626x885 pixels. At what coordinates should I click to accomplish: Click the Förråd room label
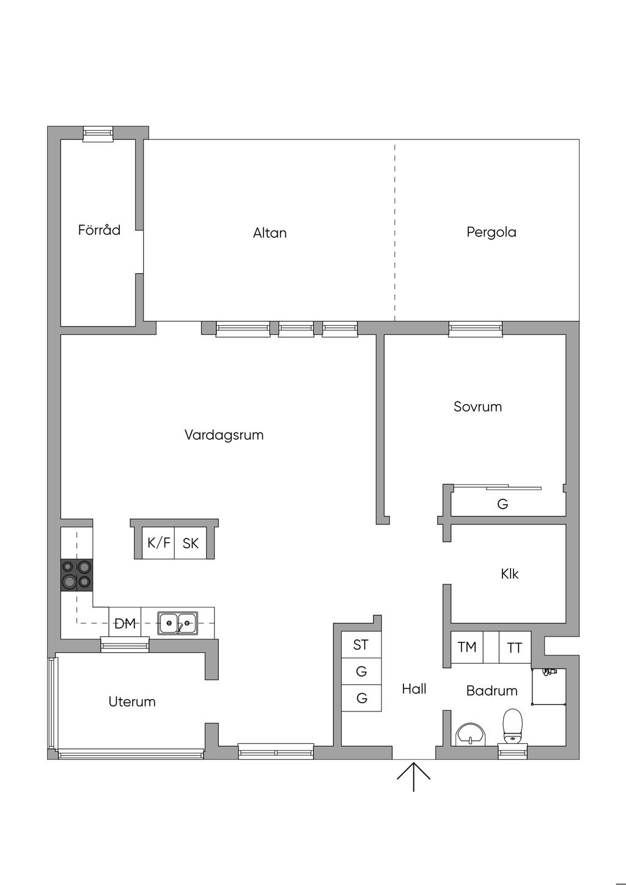coord(99,230)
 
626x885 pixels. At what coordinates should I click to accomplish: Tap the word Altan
coord(270,233)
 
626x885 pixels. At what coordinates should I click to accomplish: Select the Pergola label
coord(492,232)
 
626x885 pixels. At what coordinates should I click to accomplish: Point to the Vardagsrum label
coord(224,435)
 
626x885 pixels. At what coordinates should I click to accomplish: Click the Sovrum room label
coord(478,406)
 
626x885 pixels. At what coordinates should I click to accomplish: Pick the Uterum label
coord(132,702)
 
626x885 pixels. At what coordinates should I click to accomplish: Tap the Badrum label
coord(492,691)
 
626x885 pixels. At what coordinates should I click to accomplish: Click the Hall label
coord(414,689)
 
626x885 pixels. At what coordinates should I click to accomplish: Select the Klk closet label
coord(509,574)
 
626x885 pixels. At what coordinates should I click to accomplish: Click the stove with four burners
coord(76,575)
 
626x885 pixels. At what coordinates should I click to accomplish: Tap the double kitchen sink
coord(178,623)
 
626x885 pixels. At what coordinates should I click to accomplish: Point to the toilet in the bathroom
coord(512,725)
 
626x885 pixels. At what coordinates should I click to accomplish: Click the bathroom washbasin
coord(471,734)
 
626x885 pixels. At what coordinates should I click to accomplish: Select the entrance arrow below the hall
coord(413,777)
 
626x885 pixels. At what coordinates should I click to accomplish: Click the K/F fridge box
coord(158,543)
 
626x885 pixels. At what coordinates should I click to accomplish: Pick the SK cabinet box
coord(191,543)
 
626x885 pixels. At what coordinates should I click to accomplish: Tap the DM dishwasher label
coord(125,624)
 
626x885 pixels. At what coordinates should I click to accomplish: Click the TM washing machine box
coord(467,647)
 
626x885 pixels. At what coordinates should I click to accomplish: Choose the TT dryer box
coord(515,647)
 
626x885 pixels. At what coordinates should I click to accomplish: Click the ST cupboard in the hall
coord(361,645)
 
